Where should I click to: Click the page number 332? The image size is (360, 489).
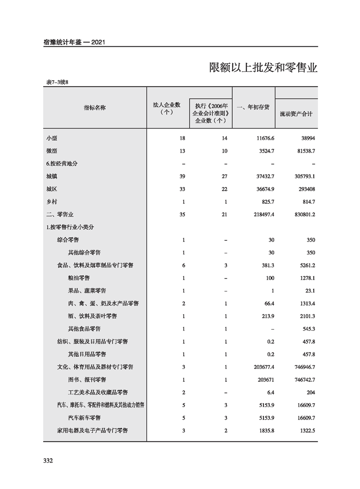pyautogui.click(x=48, y=460)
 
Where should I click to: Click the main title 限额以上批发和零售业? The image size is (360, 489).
pyautogui.click(x=263, y=68)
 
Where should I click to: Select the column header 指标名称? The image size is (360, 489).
pyautogui.click(x=95, y=108)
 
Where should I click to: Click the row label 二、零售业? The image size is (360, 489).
pyautogui.click(x=59, y=214)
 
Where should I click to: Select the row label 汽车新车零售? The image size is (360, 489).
pyautogui.click(x=84, y=417)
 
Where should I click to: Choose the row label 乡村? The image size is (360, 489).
pyautogui.click(x=51, y=201)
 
